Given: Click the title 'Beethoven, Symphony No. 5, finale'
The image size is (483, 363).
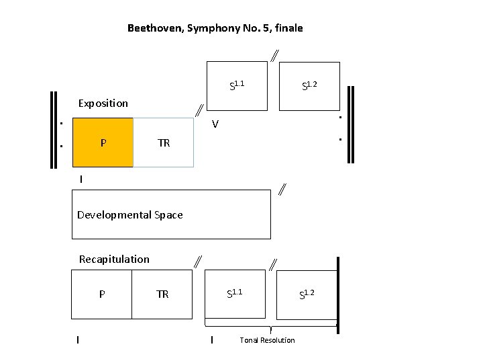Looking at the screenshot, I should tap(215, 28).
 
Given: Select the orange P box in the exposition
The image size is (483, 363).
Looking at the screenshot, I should tap(103, 143).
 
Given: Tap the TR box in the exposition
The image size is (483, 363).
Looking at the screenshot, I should tap(164, 143).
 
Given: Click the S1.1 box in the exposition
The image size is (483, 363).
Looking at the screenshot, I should tap(237, 85).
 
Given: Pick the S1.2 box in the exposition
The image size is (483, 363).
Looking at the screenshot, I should tap(309, 85).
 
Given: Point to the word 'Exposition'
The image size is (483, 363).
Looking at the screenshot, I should tap(103, 104).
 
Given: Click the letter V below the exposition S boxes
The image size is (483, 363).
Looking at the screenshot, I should tap(215, 124).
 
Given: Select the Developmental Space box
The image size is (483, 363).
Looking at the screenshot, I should tap(171, 214).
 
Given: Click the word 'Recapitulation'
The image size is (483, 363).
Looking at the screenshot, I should tap(114, 259).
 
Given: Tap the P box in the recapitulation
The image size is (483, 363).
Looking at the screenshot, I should tap(101, 294).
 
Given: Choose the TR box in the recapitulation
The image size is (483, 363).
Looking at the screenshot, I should tap(162, 294).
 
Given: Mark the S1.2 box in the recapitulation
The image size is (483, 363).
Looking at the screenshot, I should tap(307, 294).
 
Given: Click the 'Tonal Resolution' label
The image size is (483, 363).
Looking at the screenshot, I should tap(267, 340).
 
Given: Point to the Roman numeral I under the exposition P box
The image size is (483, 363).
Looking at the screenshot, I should tap(81, 179).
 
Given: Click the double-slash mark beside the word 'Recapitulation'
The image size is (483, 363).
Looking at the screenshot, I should tap(198, 261).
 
